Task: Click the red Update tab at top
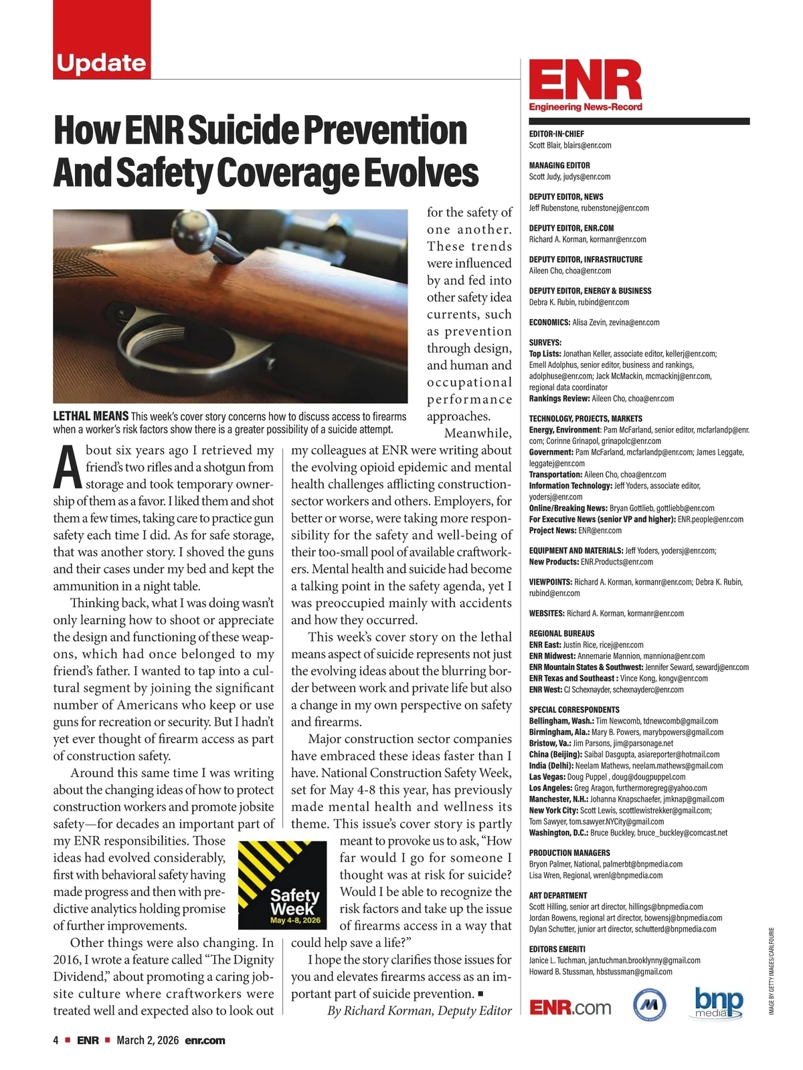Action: tap(102, 62)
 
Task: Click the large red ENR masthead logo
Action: tap(585, 81)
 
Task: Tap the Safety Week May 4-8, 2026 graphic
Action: tap(282, 885)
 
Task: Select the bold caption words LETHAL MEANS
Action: tap(90, 417)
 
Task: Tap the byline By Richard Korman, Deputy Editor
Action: tap(419, 1010)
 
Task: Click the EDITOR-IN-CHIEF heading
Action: tap(557, 134)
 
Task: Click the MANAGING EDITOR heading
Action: tap(559, 165)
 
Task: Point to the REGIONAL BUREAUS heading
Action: tap(561, 633)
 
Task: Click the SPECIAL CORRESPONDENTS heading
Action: tap(574, 710)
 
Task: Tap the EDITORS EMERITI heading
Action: tap(557, 949)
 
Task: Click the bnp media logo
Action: tap(718, 1003)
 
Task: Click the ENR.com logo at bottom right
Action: tap(570, 1007)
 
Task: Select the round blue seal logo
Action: tap(649, 1004)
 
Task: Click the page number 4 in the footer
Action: tap(56, 1041)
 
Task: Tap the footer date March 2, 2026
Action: tap(147, 1041)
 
